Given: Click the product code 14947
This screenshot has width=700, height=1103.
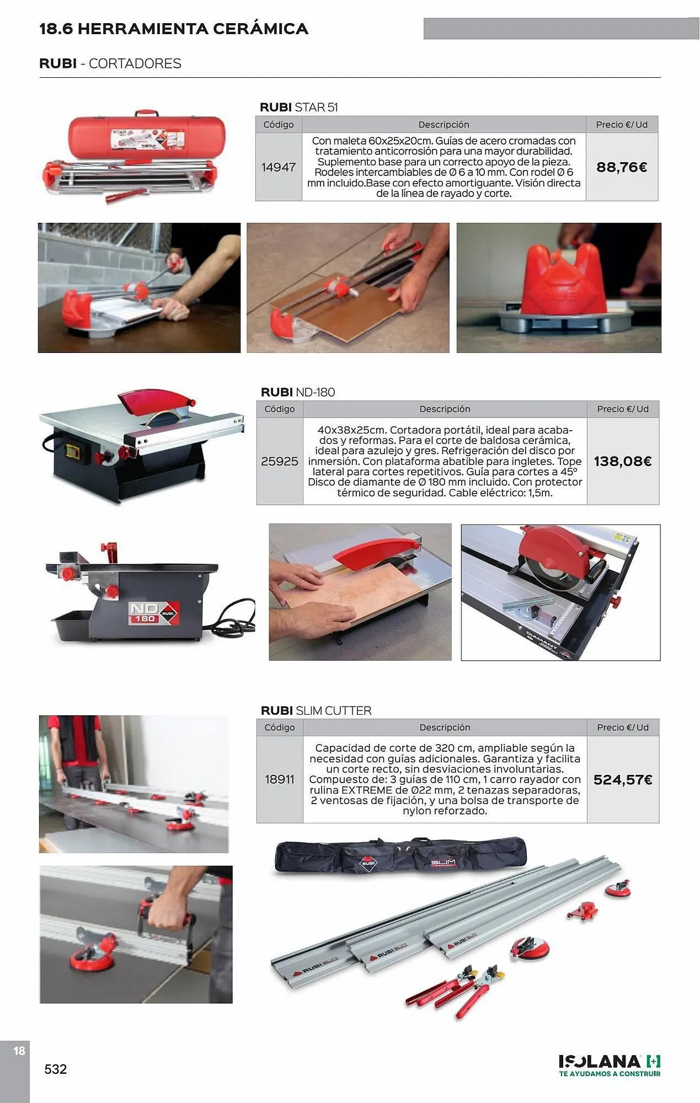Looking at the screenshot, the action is coord(279,167).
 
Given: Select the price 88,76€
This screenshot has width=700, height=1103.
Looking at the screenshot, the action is coord(622,167).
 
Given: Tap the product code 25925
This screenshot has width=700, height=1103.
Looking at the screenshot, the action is coord(280,461).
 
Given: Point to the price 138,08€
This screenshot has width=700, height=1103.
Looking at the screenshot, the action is coord(623,461).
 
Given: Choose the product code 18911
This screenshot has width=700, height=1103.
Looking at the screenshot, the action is coord(280,779).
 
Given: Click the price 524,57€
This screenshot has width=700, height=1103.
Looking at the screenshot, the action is coord(623,780).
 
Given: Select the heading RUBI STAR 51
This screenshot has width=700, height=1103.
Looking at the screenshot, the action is coord(299,107).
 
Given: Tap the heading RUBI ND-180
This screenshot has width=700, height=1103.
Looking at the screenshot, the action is coord(298,392).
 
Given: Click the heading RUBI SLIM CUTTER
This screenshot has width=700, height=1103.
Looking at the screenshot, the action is coord(316,710).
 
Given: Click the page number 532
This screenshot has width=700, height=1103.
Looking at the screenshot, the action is coord(55,1069).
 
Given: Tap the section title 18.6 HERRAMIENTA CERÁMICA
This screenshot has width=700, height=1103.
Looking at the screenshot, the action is coord(174,29).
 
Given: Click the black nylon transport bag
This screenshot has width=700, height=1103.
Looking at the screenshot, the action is coord(400,856).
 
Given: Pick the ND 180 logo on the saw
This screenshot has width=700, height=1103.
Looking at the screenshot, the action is coord(153,613).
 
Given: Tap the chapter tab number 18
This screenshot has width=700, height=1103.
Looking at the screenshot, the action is coord(19,1051).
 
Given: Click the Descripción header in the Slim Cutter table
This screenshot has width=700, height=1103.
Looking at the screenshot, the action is coord(445,727).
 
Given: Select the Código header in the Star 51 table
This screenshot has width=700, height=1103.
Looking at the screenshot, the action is coord(279,125).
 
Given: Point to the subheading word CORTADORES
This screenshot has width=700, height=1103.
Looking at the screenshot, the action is coord(135,63).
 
